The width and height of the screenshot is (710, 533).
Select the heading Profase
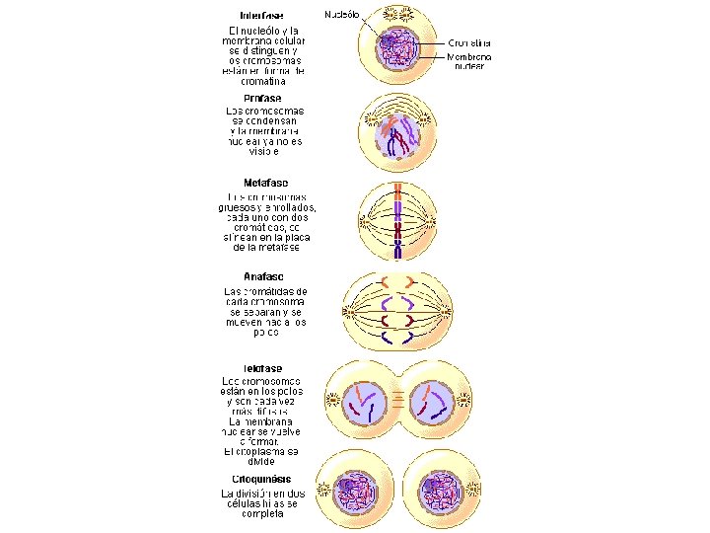[261, 98]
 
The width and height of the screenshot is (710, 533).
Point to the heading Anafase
[263, 276]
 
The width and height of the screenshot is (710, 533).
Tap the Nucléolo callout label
[342, 15]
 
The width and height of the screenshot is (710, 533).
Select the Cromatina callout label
[469, 43]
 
